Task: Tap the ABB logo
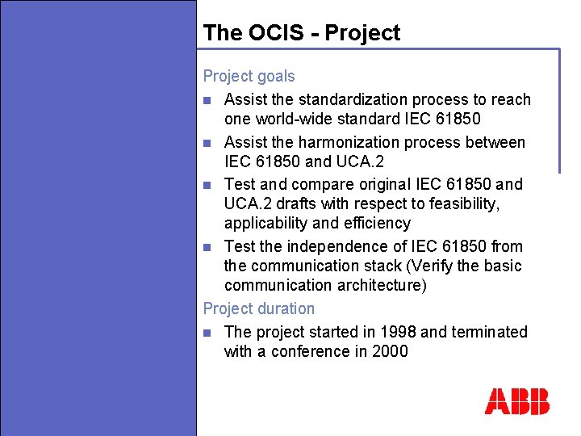point(517,401)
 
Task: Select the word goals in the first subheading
point(274,77)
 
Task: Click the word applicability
point(265,223)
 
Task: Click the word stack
point(390,266)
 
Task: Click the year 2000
point(390,351)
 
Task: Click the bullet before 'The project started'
point(207,333)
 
